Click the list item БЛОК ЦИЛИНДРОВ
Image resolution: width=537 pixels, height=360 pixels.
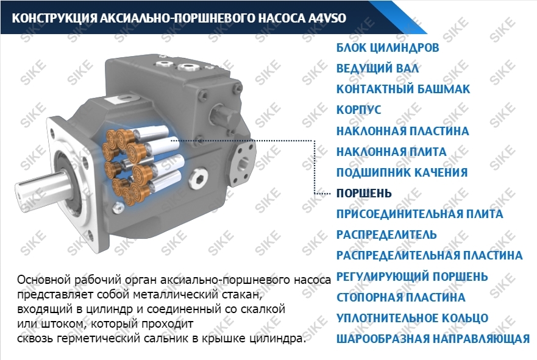pos(387,48)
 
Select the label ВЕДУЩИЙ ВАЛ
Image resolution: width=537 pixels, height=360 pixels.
pos(377,68)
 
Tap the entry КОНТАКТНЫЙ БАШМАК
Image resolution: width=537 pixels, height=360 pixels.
pos(403,89)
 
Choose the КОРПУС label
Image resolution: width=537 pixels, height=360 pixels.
pos(358,110)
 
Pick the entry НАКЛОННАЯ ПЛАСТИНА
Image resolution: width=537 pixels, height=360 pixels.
pos(402,131)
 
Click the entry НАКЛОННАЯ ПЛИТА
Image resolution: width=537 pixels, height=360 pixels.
pos(391,152)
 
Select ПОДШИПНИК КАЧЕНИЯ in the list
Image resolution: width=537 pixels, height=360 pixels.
pos(402,172)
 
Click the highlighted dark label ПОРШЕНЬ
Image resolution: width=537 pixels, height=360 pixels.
pos(364,193)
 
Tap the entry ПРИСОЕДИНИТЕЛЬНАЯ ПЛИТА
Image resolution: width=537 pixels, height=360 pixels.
pos(419,214)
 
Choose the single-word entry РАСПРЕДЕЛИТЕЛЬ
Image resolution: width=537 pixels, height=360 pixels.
pos(386,235)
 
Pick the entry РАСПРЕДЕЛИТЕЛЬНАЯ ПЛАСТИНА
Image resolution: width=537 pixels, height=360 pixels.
pos(430,256)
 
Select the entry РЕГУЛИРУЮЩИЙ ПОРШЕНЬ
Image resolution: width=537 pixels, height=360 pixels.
pos(412,277)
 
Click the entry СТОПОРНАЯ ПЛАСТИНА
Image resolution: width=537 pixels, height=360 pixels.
pos(400,297)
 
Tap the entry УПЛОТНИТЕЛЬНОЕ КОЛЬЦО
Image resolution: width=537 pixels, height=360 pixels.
pos(412,318)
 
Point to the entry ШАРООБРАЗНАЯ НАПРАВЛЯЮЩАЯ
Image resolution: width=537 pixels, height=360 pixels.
pos(433,339)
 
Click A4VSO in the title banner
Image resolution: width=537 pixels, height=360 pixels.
pos(327,18)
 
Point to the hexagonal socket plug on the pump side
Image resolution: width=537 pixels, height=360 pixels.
pos(199,178)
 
